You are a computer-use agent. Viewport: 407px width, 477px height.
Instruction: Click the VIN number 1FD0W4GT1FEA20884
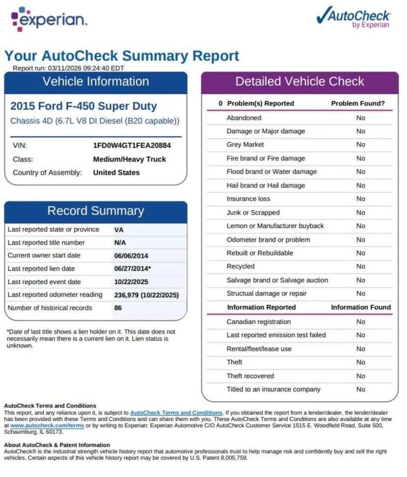(132, 146)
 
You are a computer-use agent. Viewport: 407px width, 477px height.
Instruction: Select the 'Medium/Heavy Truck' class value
(129, 159)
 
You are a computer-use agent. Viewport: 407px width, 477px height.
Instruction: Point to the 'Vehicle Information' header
(95, 82)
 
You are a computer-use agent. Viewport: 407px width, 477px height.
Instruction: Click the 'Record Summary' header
(95, 211)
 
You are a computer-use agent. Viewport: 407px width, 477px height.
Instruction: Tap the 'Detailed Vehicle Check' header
(299, 82)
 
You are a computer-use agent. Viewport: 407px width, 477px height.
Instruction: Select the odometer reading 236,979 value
(146, 295)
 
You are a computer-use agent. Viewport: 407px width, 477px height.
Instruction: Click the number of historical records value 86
(118, 308)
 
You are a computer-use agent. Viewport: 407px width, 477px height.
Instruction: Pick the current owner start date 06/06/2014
(131, 255)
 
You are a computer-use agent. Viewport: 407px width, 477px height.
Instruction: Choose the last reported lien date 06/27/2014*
(132, 269)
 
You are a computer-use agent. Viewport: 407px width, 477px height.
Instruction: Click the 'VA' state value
(118, 229)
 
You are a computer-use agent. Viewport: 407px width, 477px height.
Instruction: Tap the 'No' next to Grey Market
(361, 145)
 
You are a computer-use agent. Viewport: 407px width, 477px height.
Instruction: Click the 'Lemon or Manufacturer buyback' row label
(275, 226)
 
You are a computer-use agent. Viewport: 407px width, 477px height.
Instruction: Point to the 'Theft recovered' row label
(250, 376)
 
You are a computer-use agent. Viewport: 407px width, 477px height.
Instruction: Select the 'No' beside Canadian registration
(361, 322)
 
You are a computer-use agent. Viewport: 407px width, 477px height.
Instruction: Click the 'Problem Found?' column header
(357, 103)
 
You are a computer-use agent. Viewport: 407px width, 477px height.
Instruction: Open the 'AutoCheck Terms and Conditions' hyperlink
(176, 413)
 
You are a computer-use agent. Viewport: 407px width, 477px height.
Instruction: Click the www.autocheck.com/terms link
(47, 425)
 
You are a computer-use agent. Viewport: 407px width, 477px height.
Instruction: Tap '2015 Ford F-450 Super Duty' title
(84, 106)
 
